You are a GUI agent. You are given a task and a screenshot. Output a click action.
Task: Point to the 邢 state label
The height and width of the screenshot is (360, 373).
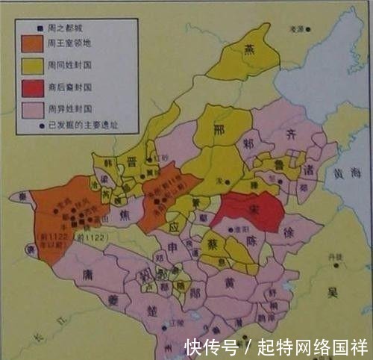click(218, 129)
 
